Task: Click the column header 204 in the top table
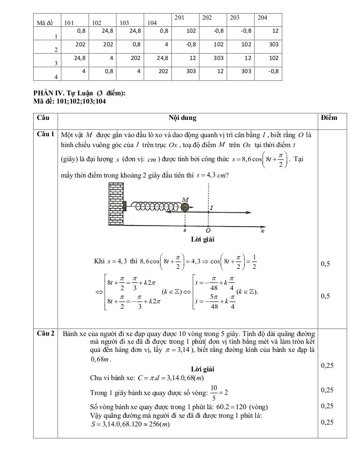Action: [262, 18]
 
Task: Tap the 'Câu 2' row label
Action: [45, 333]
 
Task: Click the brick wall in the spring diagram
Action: [116, 204]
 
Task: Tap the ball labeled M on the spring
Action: [185, 207]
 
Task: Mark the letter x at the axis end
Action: [262, 231]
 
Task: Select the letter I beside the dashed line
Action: [212, 208]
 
